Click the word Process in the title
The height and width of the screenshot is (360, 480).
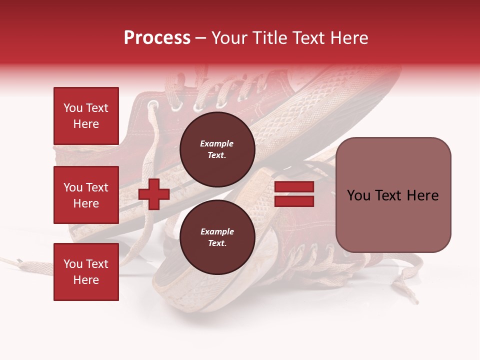pos(157,38)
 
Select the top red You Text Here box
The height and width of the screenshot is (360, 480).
pos(86,116)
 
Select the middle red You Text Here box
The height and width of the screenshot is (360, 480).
pos(86,195)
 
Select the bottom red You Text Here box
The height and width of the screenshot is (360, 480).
pos(86,271)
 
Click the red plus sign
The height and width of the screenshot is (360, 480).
pos(154,194)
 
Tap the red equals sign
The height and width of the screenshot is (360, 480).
pos(294,194)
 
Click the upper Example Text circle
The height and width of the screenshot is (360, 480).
pos(217,149)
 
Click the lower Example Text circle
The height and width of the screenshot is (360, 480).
pos(217,237)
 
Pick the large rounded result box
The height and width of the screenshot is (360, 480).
pos(393,194)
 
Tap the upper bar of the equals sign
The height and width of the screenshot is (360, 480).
pos(294,187)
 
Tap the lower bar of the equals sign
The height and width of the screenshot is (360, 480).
pos(294,201)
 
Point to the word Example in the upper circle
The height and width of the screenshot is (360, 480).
pos(217,143)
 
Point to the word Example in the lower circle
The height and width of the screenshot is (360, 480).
pos(217,231)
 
